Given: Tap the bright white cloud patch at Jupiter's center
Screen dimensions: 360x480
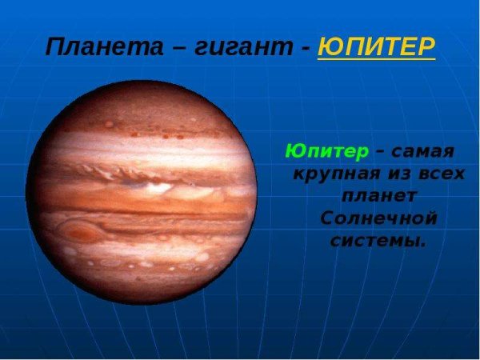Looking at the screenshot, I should point(156,189).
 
